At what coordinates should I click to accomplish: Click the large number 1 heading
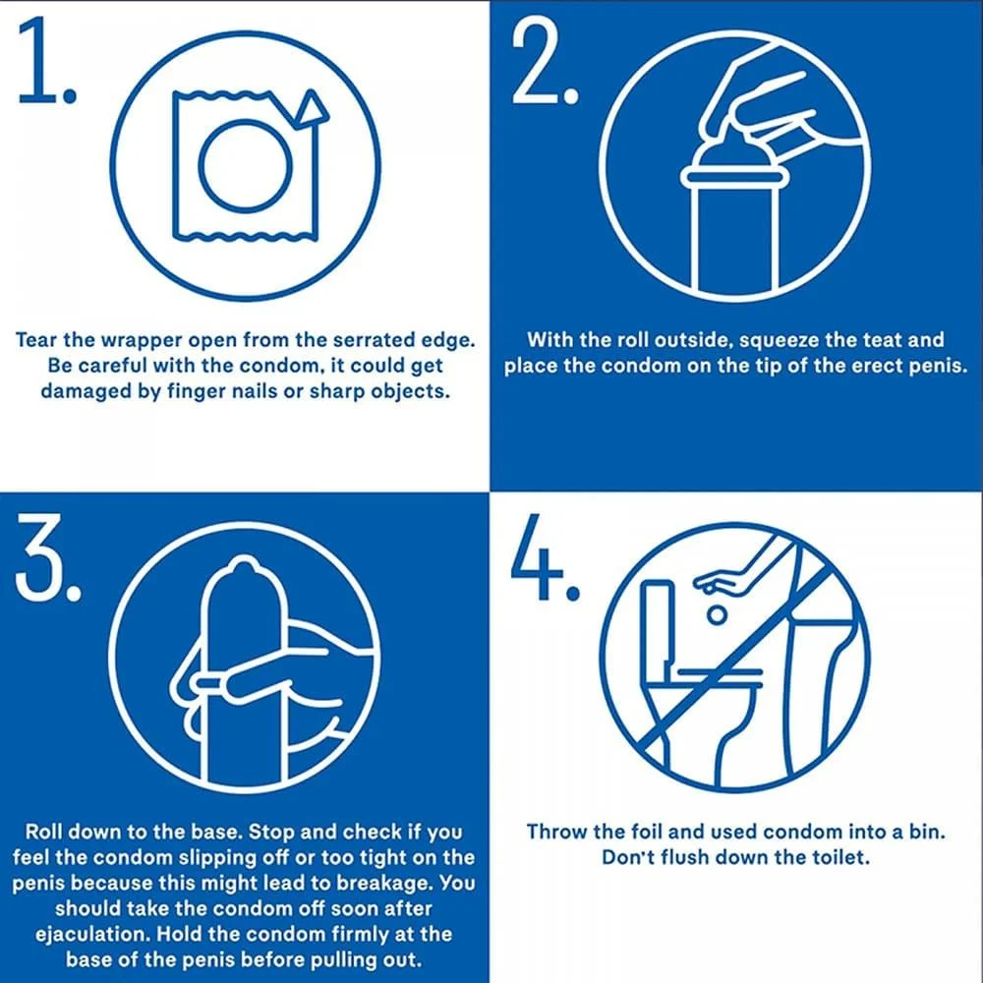coord(46,61)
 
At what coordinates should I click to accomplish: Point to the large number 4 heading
coord(545,557)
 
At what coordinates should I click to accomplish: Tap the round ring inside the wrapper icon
coord(245,163)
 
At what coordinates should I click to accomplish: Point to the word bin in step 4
coord(926,832)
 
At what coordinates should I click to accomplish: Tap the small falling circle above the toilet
coord(718,615)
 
